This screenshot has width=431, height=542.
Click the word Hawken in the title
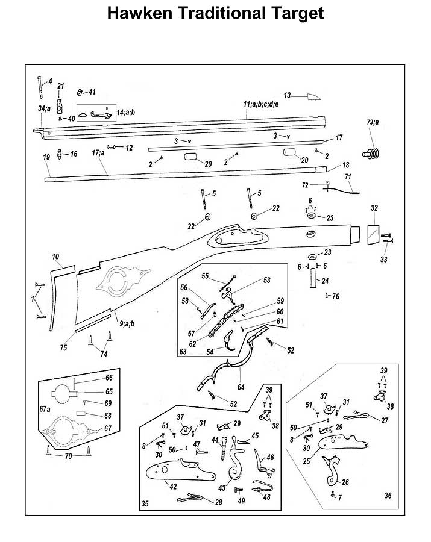(x=139, y=13)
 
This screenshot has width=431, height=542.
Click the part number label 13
(x=287, y=95)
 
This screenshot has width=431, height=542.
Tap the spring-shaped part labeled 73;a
(x=371, y=153)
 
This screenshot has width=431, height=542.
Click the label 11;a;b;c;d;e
(x=261, y=104)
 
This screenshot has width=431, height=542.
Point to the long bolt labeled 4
(x=40, y=87)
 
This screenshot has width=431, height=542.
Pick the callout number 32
(x=374, y=208)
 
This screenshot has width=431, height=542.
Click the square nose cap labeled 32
(x=373, y=235)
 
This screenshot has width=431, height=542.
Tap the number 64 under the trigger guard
(x=241, y=387)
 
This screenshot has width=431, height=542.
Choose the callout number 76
(x=336, y=296)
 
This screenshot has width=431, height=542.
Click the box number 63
(x=183, y=352)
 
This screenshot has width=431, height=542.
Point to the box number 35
(x=145, y=504)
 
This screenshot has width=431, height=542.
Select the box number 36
(x=388, y=496)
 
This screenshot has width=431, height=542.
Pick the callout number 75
(x=63, y=347)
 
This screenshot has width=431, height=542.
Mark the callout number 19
(x=46, y=157)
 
